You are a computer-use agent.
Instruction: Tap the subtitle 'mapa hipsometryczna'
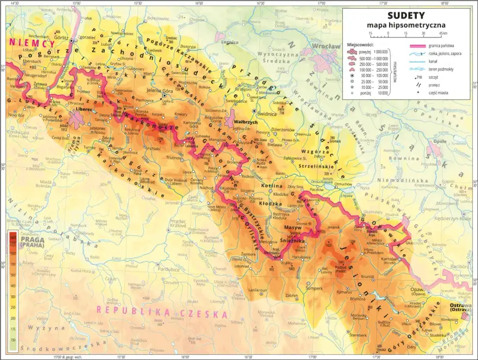pos(406,25)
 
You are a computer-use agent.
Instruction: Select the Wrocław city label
pos(326,46)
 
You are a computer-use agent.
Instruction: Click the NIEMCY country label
pos(32,43)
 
